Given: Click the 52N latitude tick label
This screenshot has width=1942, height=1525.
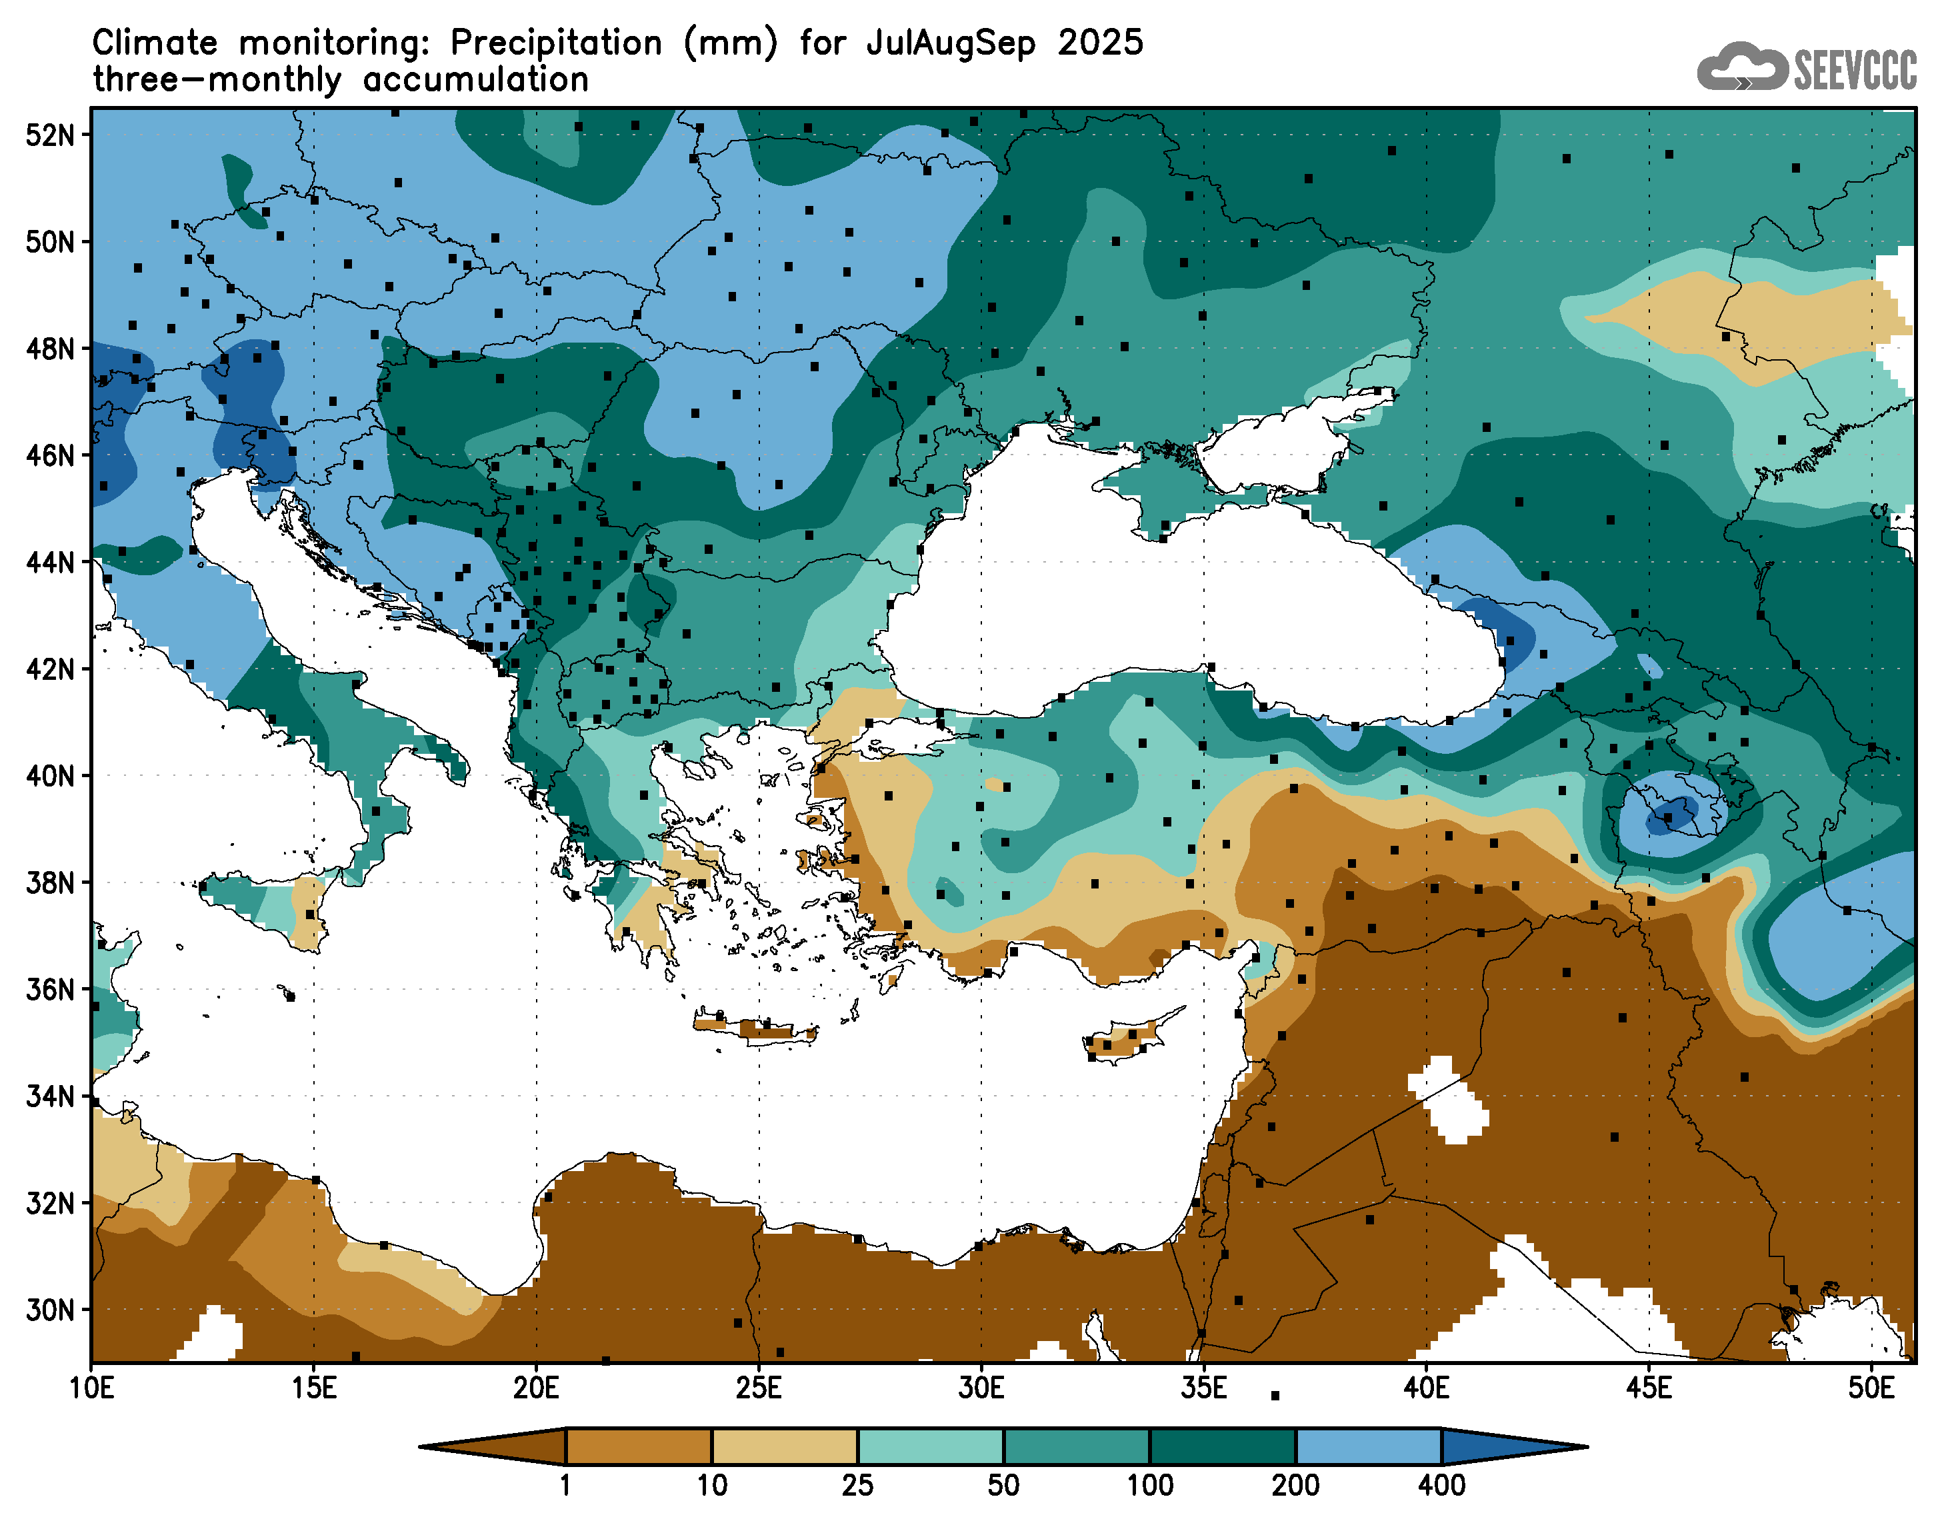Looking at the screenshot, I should [50, 135].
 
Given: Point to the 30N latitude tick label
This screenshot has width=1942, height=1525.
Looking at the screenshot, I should [50, 1310].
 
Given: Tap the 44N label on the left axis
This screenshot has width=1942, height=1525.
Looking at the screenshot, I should [50, 563].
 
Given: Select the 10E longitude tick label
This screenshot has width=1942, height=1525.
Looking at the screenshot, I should [91, 1388].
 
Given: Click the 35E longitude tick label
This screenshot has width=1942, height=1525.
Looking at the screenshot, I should [1203, 1388].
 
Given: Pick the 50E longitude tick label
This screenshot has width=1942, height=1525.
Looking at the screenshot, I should [1871, 1388].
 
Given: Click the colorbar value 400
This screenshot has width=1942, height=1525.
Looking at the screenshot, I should [1441, 1485].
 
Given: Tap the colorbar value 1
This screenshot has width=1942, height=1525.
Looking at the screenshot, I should [565, 1485].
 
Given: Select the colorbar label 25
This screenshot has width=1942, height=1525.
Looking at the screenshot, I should [857, 1485].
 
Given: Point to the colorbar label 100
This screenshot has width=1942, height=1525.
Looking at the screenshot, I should [1149, 1485].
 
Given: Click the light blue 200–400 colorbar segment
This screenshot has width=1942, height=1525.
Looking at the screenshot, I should [1368, 1446].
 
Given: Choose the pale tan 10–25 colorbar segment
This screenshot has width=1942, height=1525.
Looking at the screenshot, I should [784, 1446].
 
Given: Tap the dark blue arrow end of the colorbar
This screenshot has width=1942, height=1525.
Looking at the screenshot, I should [1509, 1446].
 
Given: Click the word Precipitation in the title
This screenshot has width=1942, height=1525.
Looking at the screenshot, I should [555, 43].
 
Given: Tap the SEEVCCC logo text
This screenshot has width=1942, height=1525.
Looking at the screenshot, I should [1855, 69].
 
